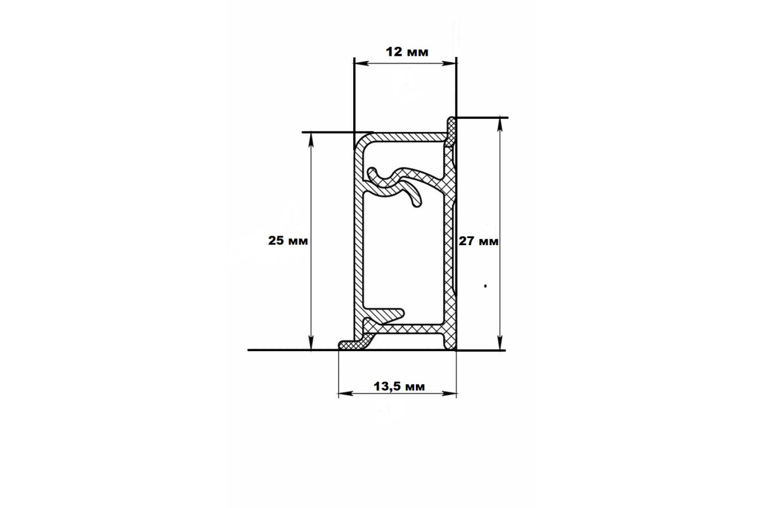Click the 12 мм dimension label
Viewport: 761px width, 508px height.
click(x=407, y=52)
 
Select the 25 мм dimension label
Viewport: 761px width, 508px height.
click(x=288, y=241)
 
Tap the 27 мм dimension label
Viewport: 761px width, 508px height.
click(x=479, y=241)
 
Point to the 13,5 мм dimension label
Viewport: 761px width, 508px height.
click(x=399, y=387)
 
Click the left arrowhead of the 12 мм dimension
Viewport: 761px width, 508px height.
click(x=361, y=63)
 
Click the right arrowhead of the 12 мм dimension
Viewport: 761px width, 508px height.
click(x=449, y=63)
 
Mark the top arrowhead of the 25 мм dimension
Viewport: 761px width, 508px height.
click(x=311, y=140)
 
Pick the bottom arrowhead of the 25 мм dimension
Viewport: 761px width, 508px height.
click(x=311, y=342)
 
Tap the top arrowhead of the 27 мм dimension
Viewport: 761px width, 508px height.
click(x=500, y=125)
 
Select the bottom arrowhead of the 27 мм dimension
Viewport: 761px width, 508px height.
click(x=500, y=343)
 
